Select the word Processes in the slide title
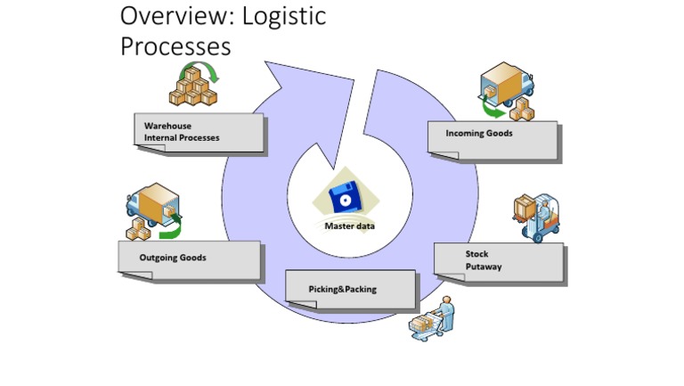click(175, 45)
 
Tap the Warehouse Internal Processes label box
click(199, 133)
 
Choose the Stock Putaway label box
click(498, 260)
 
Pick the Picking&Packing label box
click(350, 289)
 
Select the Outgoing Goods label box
click(188, 259)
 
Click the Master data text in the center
click(349, 226)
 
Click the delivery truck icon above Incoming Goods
click(505, 86)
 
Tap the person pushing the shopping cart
click(433, 320)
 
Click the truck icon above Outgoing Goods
click(151, 208)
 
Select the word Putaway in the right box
click(484, 267)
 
